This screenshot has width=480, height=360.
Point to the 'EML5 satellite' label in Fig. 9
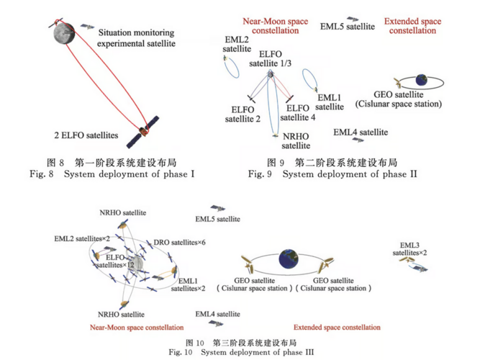(347, 27)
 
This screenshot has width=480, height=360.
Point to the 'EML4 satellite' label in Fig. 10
(217, 314)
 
